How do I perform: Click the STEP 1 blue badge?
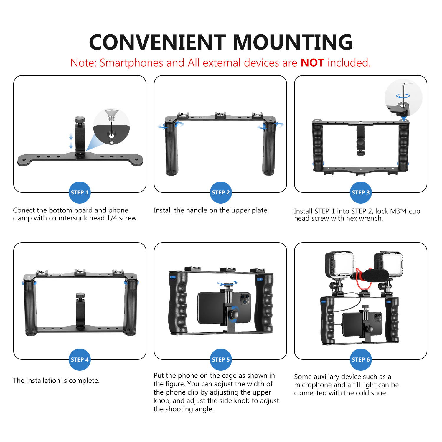pos(80,192)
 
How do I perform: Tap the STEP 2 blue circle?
pos(221,192)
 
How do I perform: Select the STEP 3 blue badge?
pos(360,192)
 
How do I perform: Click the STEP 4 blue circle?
pos(80,359)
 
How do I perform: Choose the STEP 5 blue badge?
pos(221,359)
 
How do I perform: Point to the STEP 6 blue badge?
pos(360,359)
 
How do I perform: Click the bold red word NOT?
pos(312,63)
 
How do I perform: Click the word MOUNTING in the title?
pos(293,42)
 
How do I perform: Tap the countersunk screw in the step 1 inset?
pos(111,115)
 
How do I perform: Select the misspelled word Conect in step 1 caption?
pos(23,210)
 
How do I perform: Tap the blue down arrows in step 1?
pos(71,141)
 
